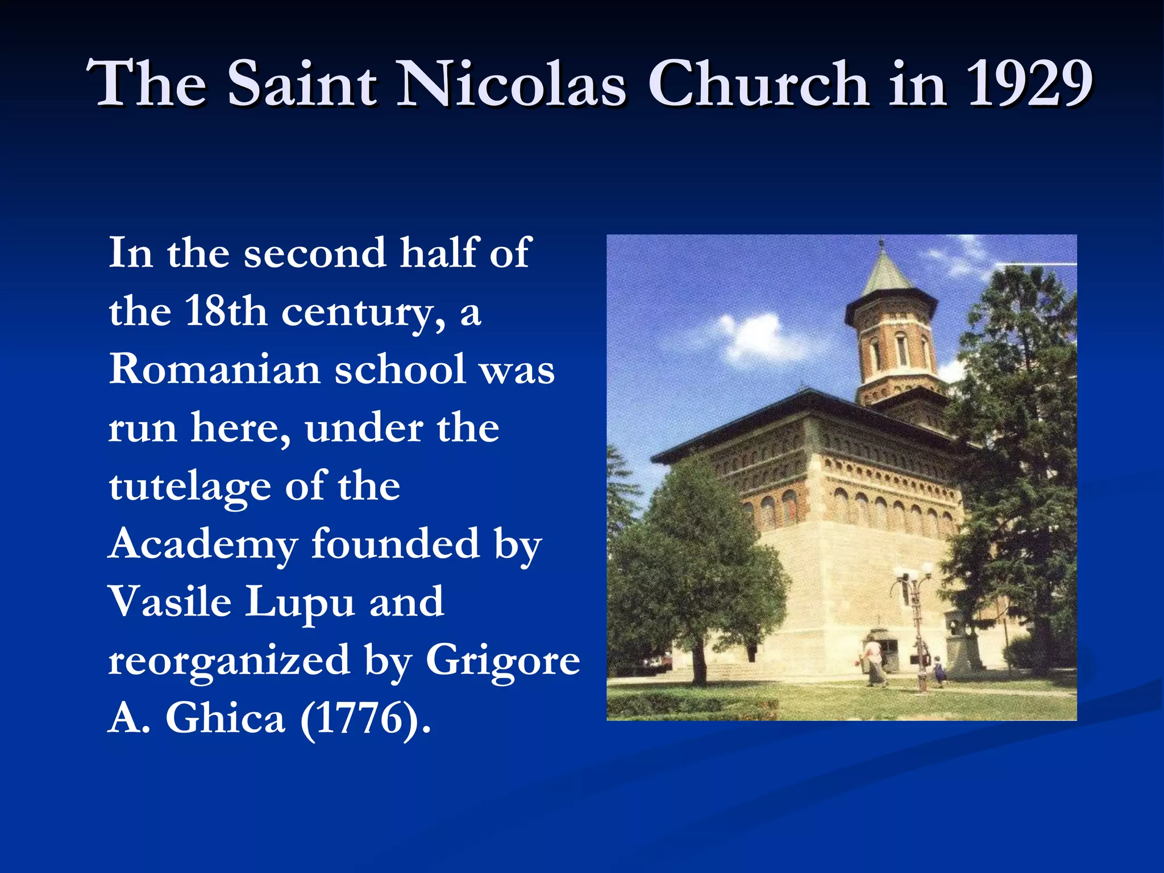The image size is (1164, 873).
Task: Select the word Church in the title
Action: [x=758, y=84]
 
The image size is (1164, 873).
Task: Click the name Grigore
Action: [x=502, y=662]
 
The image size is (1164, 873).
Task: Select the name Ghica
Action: [x=225, y=718]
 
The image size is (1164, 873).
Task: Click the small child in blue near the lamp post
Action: [x=938, y=671]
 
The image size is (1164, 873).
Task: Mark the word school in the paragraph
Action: [x=401, y=369]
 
